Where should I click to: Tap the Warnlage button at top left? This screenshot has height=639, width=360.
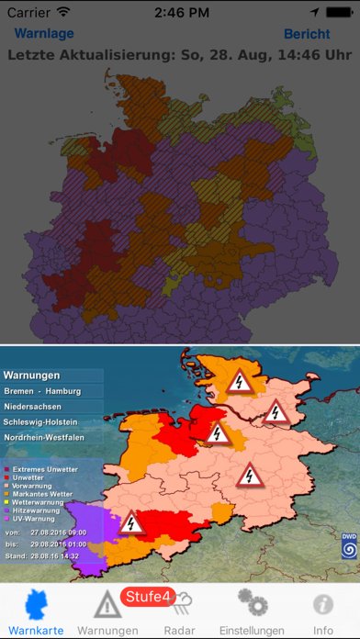(x=44, y=34)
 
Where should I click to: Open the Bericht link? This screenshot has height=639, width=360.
(x=307, y=34)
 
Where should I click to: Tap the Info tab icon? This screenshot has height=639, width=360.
(x=322, y=604)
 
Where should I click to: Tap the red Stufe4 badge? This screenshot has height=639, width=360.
(x=147, y=597)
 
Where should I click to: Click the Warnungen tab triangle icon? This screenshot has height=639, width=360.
(x=108, y=604)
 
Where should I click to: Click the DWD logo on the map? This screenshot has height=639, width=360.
(x=349, y=545)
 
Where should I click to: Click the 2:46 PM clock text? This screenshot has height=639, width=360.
(x=180, y=13)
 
